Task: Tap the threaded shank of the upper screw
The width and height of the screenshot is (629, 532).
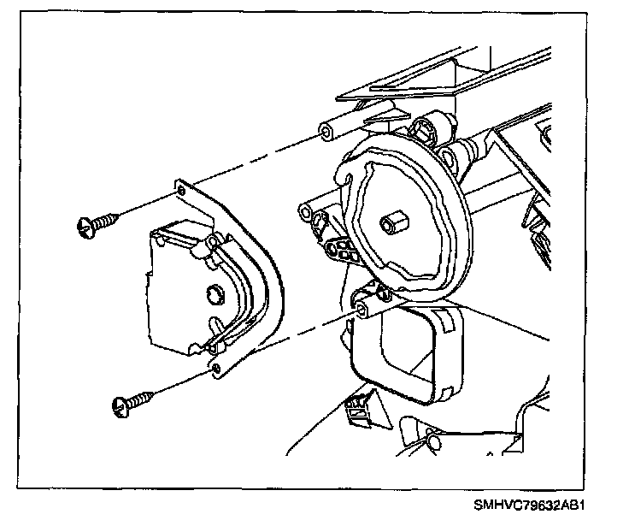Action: point(103,221)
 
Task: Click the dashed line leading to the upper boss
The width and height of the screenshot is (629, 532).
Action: point(256,158)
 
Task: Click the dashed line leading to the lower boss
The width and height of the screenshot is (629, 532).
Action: point(291,337)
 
